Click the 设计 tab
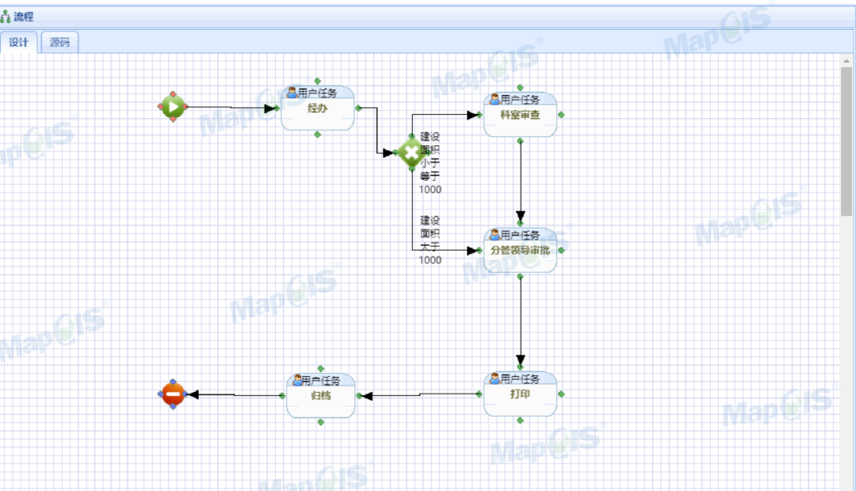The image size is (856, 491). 18,43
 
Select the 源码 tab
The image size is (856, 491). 59,43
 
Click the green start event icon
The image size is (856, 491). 173,106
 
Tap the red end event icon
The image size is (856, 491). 173,393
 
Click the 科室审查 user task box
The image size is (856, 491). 520,115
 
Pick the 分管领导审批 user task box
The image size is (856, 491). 520,250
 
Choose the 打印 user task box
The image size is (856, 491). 520,394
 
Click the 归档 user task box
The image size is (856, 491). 320,396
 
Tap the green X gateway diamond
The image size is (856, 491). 411,152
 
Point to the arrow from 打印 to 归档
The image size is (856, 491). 421,394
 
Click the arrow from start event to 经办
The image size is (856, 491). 230,107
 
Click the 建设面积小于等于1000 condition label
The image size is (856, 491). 430,163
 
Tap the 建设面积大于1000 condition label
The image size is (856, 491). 430,240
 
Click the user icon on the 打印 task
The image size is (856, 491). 495,379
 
